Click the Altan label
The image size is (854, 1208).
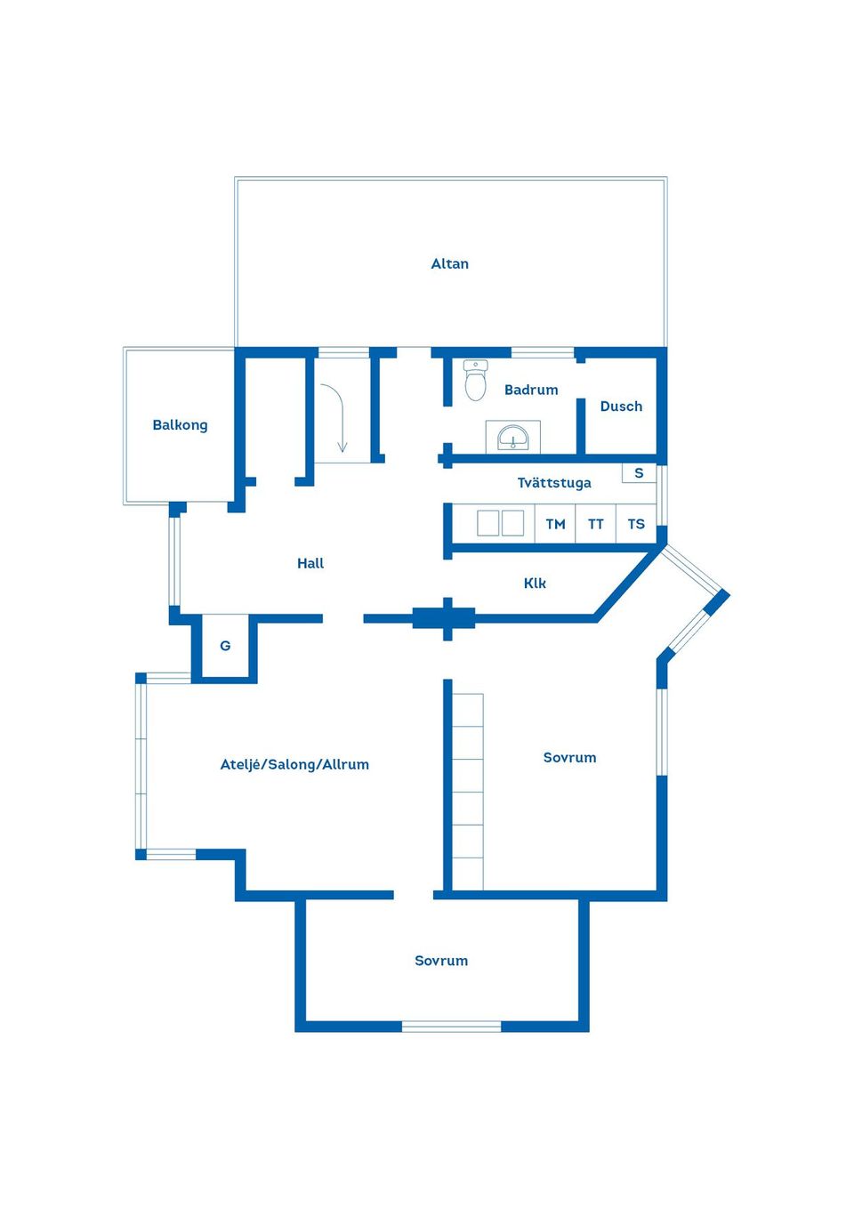449,263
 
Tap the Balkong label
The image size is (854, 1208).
180,425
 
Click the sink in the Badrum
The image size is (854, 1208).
512,437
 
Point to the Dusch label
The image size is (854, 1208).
621,407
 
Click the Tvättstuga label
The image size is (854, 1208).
554,483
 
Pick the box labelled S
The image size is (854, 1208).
639,473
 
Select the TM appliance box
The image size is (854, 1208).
555,524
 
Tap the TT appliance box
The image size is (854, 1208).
595,524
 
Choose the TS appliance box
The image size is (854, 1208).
636,524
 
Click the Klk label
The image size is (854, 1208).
535,584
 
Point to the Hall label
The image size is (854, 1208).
310,563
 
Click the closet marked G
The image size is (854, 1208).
225,646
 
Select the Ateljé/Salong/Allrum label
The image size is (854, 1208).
294,764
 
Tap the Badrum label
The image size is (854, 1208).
531,390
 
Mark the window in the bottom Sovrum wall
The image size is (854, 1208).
451,1027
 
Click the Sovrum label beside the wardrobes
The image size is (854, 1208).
569,758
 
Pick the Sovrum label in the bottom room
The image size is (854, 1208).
441,961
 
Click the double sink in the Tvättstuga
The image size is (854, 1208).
500,523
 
